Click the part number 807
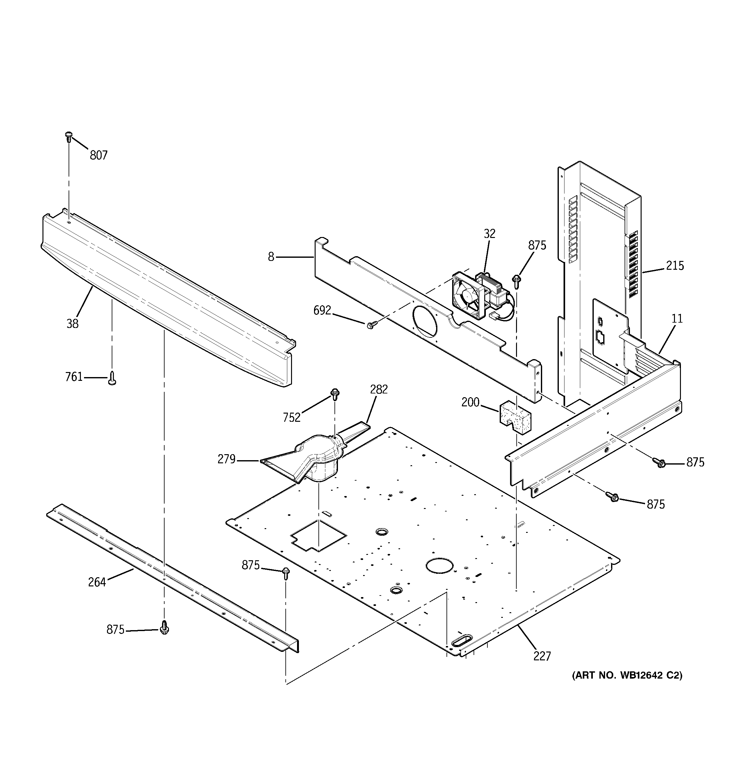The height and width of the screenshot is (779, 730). (x=98, y=155)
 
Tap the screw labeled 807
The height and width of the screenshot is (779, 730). (x=69, y=137)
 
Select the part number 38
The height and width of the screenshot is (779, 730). (x=72, y=324)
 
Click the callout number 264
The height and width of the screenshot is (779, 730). (x=97, y=582)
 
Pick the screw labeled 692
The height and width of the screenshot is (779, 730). (x=371, y=325)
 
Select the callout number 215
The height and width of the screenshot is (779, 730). (x=675, y=266)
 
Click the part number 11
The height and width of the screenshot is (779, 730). (x=677, y=319)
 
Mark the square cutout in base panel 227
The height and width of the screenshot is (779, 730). (x=318, y=536)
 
